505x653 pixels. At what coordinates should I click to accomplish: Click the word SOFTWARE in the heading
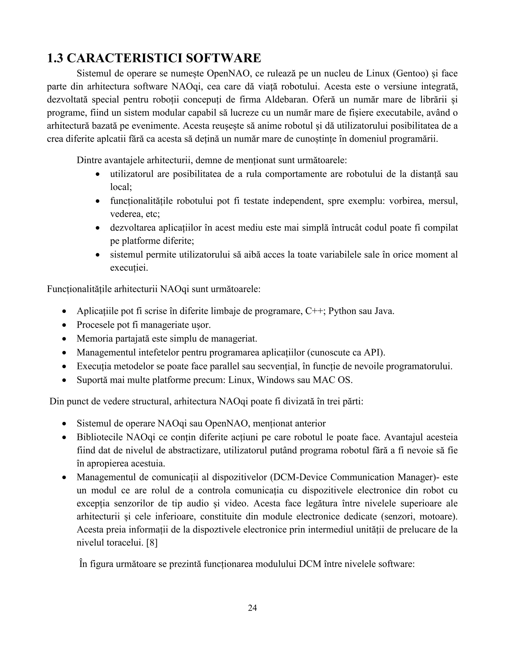pyautogui.click(x=223, y=58)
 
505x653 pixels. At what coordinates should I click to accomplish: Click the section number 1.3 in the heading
pyautogui.click(x=55, y=58)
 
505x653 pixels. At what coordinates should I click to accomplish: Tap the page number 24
pyautogui.click(x=252, y=608)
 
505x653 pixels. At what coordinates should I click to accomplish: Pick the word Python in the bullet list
pyautogui.click(x=342, y=311)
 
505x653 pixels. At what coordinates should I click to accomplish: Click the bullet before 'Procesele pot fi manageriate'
pyautogui.click(x=64, y=325)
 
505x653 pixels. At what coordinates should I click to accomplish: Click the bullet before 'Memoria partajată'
pyautogui.click(x=64, y=339)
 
